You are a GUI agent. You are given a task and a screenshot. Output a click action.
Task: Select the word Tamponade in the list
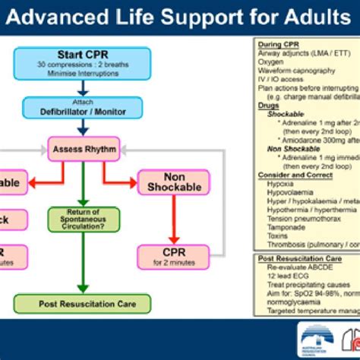(279, 226)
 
